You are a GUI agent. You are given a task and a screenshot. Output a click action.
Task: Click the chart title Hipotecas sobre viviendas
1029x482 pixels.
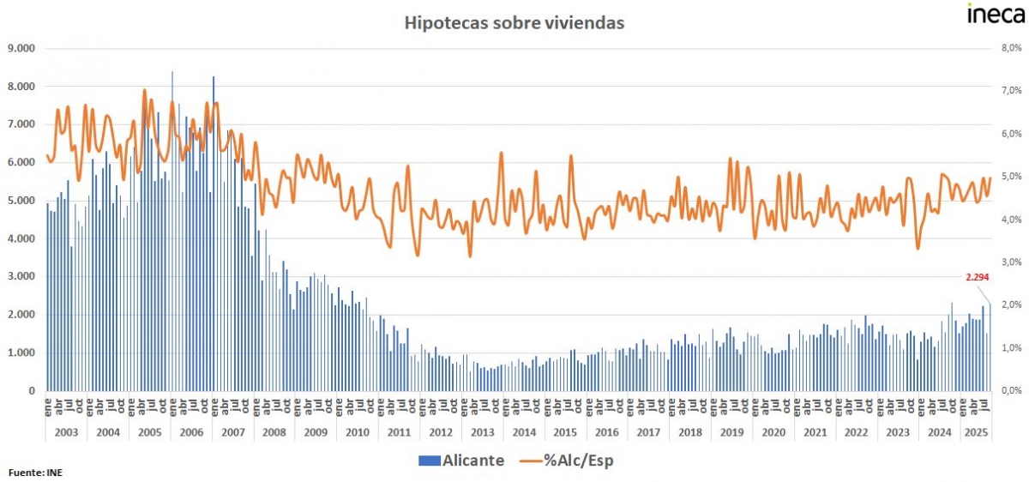pyautogui.click(x=514, y=23)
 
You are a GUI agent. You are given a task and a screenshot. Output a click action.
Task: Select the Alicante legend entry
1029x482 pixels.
pyautogui.click(x=460, y=461)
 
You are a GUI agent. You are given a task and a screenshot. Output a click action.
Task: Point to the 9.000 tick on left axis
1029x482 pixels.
pyautogui.click(x=20, y=48)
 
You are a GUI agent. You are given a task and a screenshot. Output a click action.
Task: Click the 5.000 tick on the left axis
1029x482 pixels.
pyautogui.click(x=20, y=201)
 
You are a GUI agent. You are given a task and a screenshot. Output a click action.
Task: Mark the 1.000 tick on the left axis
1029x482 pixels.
pyautogui.click(x=20, y=352)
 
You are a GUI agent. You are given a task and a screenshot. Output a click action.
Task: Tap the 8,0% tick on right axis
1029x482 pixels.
pyautogui.click(x=1012, y=48)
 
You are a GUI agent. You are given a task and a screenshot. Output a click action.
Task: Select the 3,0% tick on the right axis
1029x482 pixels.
pyautogui.click(x=1012, y=262)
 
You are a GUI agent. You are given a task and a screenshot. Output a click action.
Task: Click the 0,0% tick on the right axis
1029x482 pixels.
pyautogui.click(x=1012, y=390)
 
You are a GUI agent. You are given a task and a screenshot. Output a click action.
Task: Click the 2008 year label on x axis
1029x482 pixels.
pyautogui.click(x=274, y=432)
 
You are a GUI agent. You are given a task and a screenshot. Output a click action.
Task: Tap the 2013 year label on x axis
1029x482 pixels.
pyautogui.click(x=482, y=432)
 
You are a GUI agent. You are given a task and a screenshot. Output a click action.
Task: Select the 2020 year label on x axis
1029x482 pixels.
pyautogui.click(x=773, y=432)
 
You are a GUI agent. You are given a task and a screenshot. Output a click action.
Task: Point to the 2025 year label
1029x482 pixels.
pyautogui.click(x=975, y=432)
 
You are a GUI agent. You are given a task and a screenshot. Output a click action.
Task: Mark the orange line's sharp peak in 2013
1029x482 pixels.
pyautogui.click(x=502, y=154)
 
